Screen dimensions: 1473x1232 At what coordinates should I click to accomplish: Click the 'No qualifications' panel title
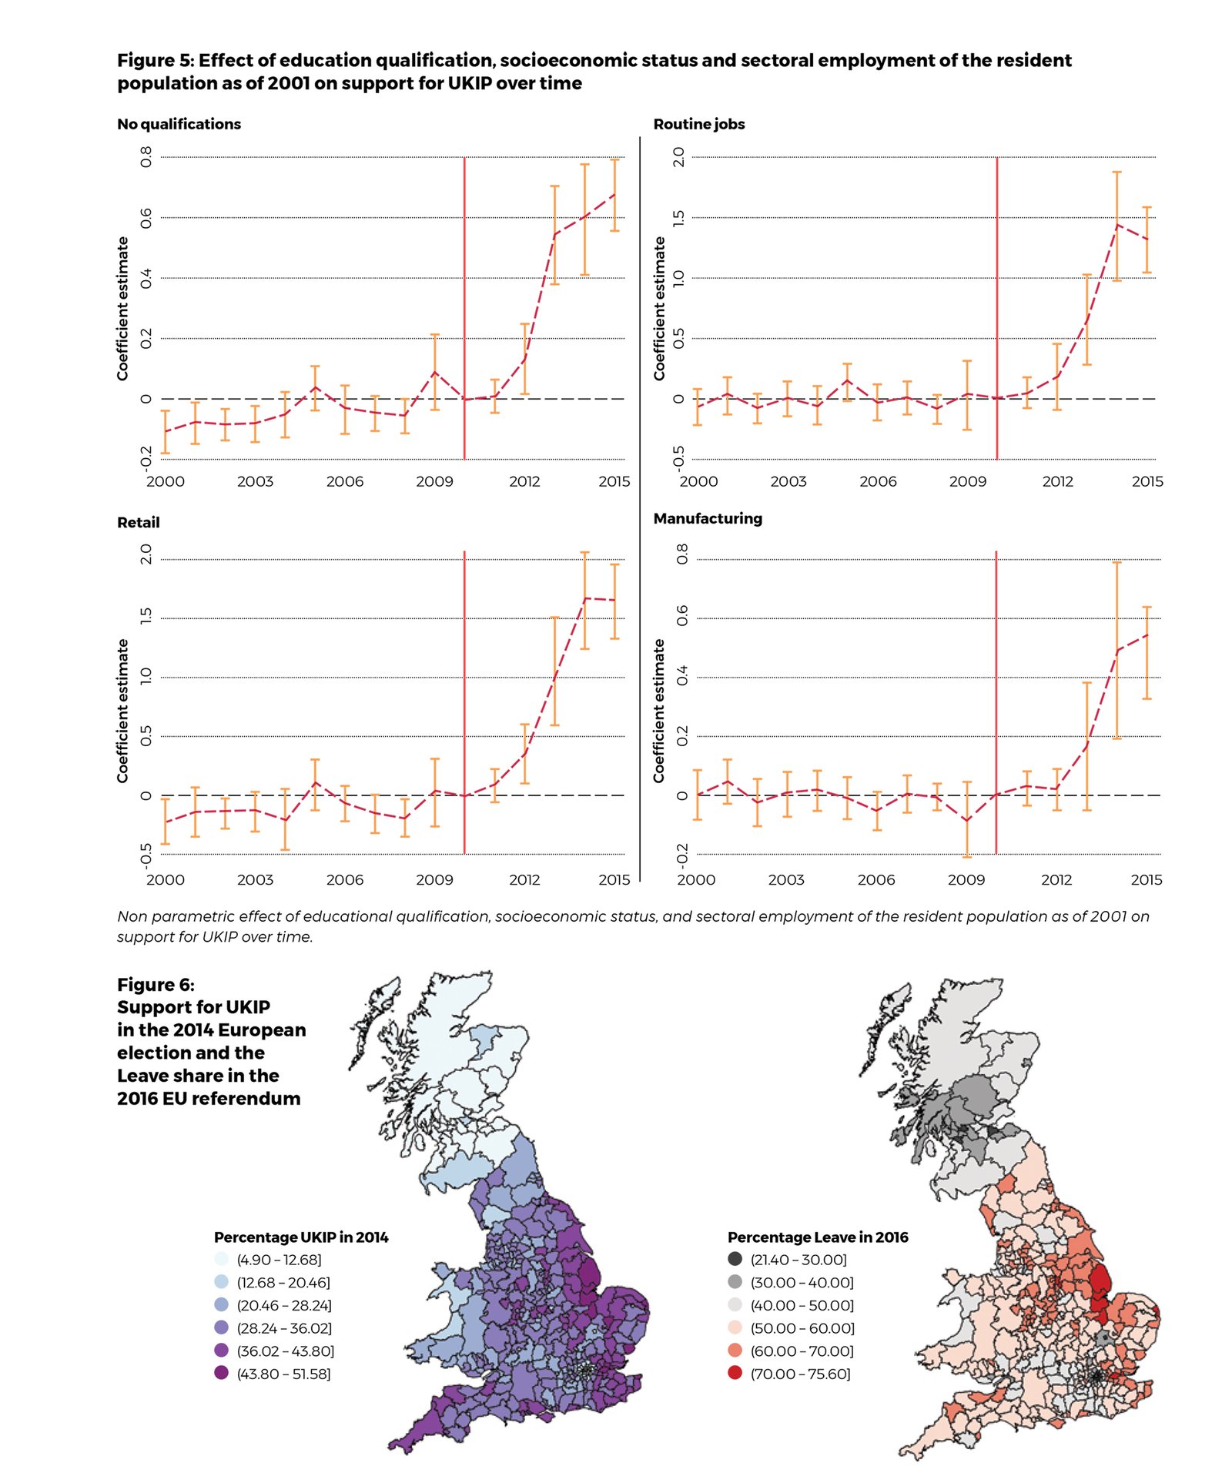179,124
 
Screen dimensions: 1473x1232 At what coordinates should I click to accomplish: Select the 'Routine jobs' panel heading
698,124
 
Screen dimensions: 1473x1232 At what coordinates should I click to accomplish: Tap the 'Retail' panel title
138,522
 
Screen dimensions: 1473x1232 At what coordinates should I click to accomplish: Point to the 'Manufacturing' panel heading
707,518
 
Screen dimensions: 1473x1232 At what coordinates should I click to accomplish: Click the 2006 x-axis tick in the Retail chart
344,879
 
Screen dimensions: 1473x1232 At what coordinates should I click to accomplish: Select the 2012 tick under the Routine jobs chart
1057,481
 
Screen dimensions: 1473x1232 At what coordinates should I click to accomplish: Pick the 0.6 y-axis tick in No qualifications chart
146,219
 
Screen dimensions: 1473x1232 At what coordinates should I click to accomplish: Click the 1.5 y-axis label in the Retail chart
146,617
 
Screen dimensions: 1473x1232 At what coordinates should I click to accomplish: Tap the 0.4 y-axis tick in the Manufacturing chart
681,677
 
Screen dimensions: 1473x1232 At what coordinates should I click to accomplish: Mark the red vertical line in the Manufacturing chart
996,693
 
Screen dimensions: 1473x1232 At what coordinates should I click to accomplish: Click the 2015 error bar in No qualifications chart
614,195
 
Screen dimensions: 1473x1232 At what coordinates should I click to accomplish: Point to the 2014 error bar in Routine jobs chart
1116,226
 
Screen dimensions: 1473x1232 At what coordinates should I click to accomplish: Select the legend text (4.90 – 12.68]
279,1259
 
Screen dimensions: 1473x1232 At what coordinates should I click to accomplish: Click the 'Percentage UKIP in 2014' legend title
301,1237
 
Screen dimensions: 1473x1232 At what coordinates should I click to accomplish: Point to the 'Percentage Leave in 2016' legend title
818,1237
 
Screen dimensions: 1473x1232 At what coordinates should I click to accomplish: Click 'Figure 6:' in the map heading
156,985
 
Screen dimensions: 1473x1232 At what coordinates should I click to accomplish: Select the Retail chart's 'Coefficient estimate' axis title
122,710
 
